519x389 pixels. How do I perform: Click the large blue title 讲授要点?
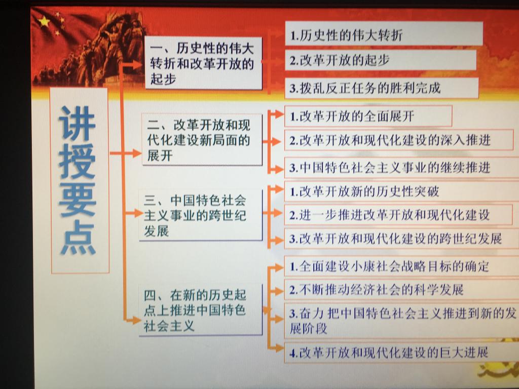[78, 180]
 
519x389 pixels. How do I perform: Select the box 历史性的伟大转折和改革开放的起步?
[203, 63]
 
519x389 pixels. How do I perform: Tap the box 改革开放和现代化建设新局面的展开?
[202, 139]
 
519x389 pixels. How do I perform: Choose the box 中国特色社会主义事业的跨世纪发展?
[201, 215]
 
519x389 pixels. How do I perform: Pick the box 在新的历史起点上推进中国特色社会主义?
[201, 310]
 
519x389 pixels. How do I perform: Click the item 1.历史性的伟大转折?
[384, 34]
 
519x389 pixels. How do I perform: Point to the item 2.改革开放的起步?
[381, 60]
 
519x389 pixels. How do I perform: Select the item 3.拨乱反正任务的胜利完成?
[382, 88]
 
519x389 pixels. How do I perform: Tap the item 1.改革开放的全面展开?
[368, 116]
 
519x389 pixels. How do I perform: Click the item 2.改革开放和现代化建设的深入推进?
[399, 140]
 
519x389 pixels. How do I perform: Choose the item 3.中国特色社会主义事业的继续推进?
[402, 168]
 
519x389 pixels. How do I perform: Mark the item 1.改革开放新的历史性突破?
[402, 191]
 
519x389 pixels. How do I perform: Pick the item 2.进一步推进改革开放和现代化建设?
[398, 215]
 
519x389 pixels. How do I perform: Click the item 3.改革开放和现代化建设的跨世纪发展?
[402, 239]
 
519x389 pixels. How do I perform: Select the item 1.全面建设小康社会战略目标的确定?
[402, 266]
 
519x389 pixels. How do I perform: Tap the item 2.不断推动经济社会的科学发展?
[402, 290]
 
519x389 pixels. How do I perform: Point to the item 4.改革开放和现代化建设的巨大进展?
[402, 353]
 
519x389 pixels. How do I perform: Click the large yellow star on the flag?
[44, 22]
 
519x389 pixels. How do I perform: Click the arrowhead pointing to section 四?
[136, 320]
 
